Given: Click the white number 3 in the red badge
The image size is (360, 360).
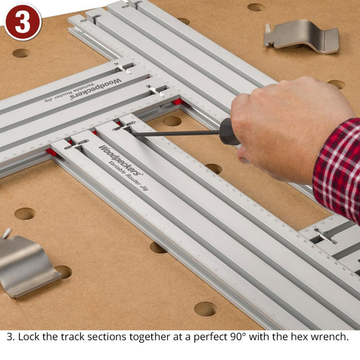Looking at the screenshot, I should pyautogui.click(x=22, y=21).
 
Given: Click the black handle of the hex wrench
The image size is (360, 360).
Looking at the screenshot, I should pyautogui.click(x=229, y=131).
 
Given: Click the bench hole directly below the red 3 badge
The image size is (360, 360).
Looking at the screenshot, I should pyautogui.click(x=21, y=53).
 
